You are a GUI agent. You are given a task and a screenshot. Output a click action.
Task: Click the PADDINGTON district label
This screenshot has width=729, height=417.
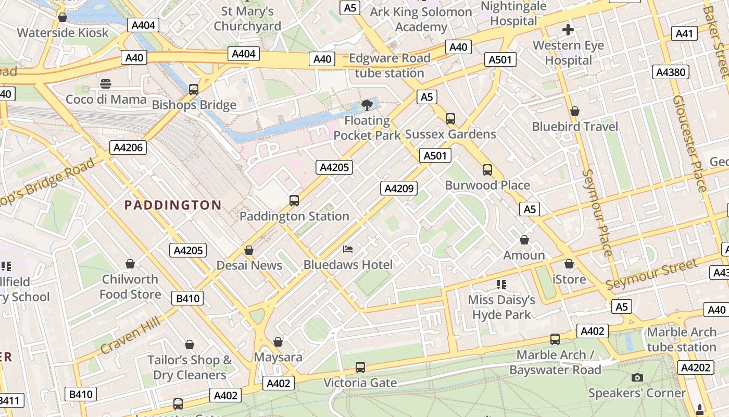point(173,205)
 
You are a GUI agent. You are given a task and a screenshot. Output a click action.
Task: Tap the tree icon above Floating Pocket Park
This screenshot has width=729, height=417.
point(367,105)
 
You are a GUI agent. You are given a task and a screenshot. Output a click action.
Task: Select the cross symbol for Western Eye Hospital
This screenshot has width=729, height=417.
point(568,30)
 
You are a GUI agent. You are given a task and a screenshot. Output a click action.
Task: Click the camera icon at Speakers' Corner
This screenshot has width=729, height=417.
point(637,377)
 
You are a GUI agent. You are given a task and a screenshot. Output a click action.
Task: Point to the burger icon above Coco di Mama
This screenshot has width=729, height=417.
point(106,83)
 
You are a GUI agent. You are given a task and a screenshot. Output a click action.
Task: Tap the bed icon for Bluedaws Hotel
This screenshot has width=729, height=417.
point(348,249)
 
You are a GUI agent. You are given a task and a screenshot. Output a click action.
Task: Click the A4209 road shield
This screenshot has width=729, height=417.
point(399,188)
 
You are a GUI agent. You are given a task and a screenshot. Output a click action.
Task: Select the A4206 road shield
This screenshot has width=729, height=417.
point(128,148)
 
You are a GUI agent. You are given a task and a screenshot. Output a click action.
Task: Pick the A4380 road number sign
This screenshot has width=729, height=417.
point(671,72)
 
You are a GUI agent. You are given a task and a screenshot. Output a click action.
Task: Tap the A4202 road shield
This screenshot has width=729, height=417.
point(695,367)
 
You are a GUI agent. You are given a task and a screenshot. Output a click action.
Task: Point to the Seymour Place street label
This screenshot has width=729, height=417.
point(597,213)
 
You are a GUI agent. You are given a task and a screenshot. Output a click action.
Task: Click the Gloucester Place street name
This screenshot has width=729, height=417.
point(690,143)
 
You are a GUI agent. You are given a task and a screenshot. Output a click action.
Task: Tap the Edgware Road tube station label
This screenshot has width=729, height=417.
point(389,66)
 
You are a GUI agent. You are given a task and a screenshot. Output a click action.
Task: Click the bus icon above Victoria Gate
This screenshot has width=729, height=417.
point(360,367)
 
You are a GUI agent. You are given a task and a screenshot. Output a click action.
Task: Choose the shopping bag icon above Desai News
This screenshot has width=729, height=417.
point(249,250)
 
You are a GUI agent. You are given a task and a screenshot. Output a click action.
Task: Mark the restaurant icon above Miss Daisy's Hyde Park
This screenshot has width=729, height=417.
point(501,285)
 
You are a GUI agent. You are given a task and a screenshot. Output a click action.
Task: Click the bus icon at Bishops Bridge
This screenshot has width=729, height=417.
point(194,89)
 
